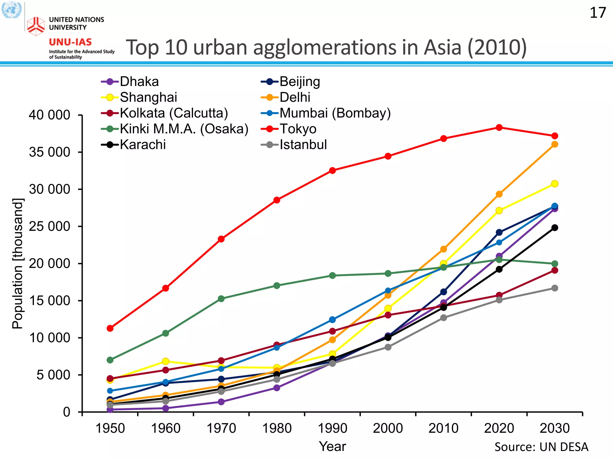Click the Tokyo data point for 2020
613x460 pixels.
pos(499,128)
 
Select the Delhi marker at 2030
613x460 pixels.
pos(555,144)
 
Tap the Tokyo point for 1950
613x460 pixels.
pos(110,328)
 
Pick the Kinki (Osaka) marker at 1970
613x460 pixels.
pos(221,299)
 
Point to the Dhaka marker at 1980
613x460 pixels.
pos(277,388)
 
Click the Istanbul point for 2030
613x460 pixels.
pos(555,288)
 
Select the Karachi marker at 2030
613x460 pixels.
pos(555,228)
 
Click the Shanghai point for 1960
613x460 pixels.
pos(166,361)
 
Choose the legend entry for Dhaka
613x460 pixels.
pos(139,81)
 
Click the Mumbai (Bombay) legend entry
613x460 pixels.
pos(335,113)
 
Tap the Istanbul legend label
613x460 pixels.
pos(303,145)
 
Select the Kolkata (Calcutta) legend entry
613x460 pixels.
pos(174,113)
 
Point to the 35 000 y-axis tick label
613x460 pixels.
pos(49,152)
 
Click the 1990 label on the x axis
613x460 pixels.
pos(332,428)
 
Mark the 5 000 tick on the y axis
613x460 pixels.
pos(53,375)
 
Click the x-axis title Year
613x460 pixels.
pos(332,447)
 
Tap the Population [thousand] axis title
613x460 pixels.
pos(17,264)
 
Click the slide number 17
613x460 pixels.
pos(598,13)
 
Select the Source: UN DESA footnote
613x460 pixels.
pos(541,447)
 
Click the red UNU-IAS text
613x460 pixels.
pos(70,42)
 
